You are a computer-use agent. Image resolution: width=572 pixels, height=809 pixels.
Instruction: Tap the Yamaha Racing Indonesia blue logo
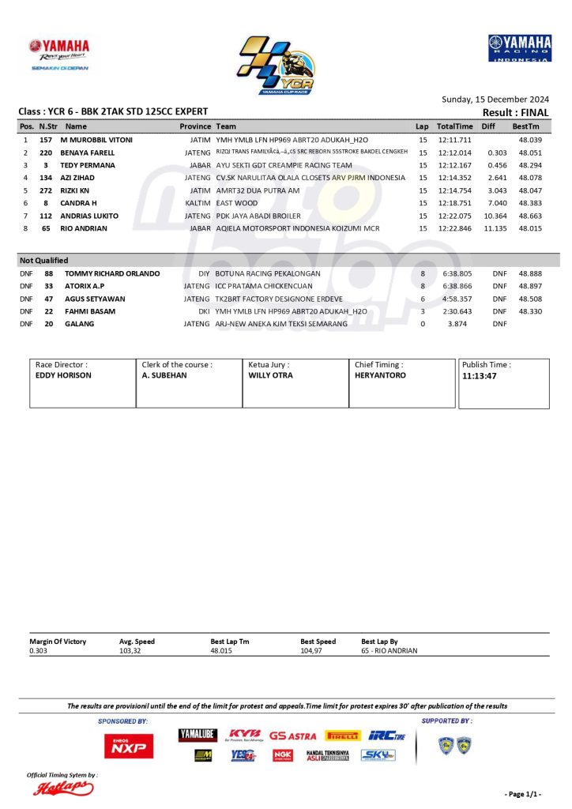(x=519, y=49)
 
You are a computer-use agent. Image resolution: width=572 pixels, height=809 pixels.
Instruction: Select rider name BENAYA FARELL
(x=88, y=152)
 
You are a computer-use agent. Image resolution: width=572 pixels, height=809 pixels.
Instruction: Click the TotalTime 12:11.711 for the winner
(x=455, y=140)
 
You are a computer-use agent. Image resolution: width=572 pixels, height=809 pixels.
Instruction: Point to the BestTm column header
(x=525, y=126)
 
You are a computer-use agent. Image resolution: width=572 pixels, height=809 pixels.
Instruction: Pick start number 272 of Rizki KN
(x=46, y=190)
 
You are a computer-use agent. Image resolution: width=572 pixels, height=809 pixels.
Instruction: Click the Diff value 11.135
(x=495, y=228)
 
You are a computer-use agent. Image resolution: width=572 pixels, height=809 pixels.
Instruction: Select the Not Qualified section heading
(x=44, y=260)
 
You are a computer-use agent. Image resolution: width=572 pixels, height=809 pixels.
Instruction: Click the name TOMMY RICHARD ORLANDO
(x=112, y=273)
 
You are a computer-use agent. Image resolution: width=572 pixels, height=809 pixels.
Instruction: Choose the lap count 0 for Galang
(x=423, y=324)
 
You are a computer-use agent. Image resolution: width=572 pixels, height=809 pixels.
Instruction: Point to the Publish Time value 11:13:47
(x=480, y=377)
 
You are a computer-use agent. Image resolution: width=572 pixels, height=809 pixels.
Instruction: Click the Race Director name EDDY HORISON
(x=64, y=375)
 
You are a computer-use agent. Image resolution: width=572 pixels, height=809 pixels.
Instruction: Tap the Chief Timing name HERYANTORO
(x=381, y=375)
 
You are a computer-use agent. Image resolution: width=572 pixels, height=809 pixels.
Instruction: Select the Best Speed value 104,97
(x=311, y=651)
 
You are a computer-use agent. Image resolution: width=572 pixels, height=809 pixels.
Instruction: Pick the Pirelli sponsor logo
(x=343, y=736)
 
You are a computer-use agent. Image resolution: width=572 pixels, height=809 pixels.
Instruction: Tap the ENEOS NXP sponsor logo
(x=129, y=745)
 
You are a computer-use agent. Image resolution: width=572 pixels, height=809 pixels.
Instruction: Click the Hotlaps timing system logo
(x=63, y=788)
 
